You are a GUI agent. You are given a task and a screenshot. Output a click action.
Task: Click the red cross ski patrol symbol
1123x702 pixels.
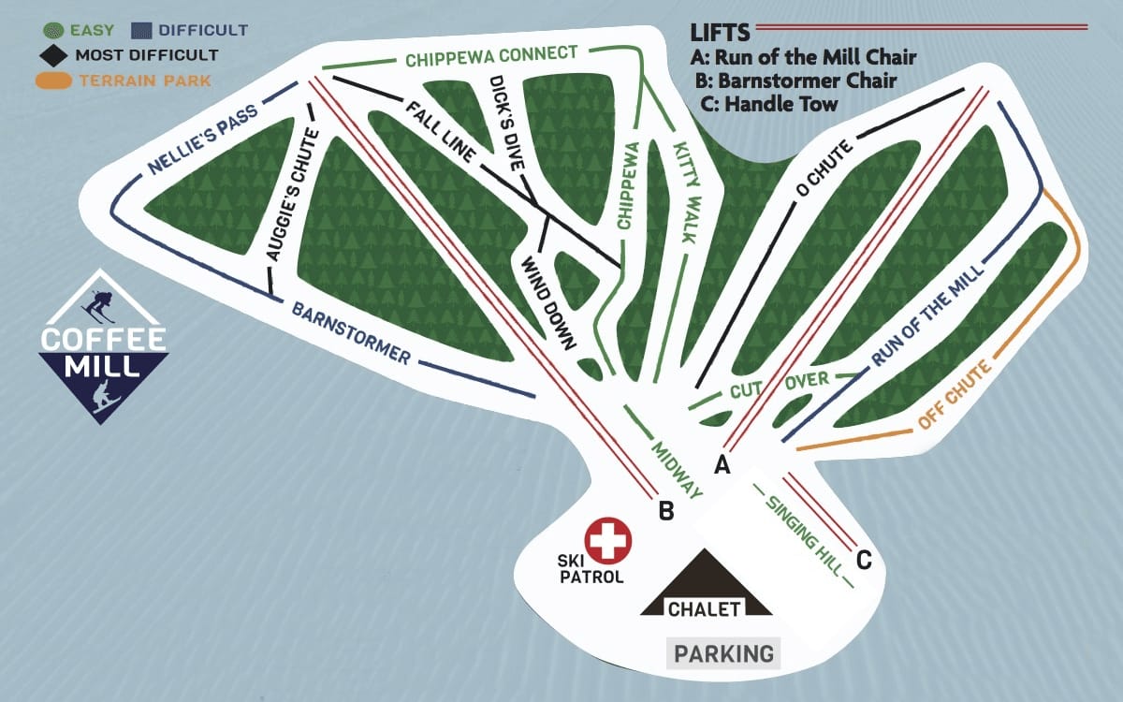(x=608, y=541)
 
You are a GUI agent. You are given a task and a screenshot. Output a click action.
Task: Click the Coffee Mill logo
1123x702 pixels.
(x=103, y=346)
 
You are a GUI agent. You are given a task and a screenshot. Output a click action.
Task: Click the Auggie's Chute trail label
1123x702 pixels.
(x=292, y=194)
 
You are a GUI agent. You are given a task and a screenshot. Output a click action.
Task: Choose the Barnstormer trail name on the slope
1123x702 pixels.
(x=351, y=333)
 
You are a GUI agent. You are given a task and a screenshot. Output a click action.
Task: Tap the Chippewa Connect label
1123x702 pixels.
(x=491, y=56)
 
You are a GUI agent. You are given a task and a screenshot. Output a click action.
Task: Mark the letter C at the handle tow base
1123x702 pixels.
(x=864, y=561)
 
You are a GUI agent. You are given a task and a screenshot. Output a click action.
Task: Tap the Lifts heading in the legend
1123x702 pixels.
(x=721, y=34)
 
